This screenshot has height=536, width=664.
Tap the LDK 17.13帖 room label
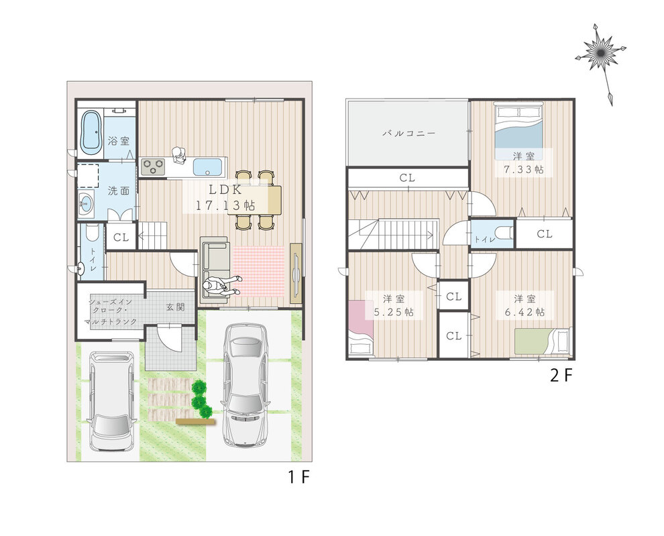pyautogui.click(x=225, y=198)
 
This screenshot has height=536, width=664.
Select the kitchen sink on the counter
pyautogui.click(x=207, y=166)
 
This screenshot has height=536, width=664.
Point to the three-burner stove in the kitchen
pyautogui.click(x=153, y=166)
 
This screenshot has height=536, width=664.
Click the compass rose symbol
pyautogui.click(x=600, y=52)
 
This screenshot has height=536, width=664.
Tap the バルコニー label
pyautogui.click(x=409, y=133)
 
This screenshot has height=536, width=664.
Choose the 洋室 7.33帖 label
pyautogui.click(x=523, y=163)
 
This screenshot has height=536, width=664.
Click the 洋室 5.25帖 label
pyautogui.click(x=394, y=305)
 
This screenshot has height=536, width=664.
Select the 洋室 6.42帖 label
pyautogui.click(x=524, y=305)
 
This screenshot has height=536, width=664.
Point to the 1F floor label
pyautogui.click(x=299, y=478)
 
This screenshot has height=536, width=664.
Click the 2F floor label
pyautogui.click(x=561, y=376)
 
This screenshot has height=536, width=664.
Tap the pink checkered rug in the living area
pyautogui.click(x=258, y=272)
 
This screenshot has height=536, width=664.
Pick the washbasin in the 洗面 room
pyautogui.click(x=87, y=205)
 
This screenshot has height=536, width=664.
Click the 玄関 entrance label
pyautogui.click(x=175, y=307)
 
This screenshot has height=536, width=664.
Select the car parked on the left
pyautogui.click(x=113, y=401)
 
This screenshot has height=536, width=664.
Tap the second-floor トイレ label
pyautogui.click(x=484, y=239)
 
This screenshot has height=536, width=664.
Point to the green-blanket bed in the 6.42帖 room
pyautogui.click(x=543, y=341)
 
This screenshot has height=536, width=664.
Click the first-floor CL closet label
pyautogui.click(x=121, y=237)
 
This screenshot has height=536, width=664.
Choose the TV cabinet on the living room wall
pyautogui.click(x=296, y=273)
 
